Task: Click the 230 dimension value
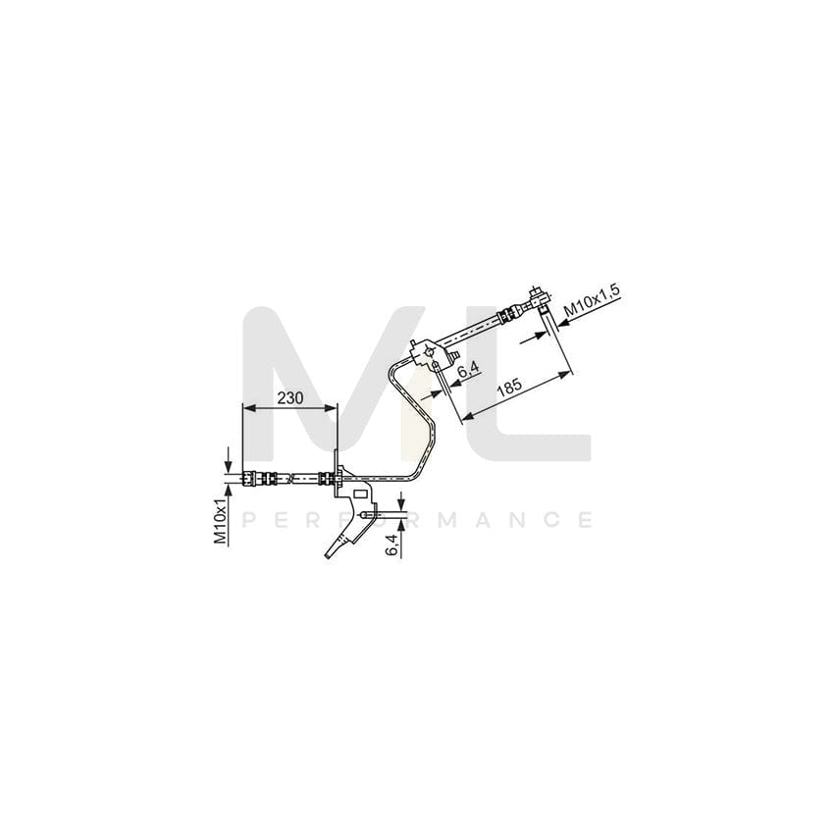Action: pos(289,398)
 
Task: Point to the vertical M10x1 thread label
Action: pos(222,520)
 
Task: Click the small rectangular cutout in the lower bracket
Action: pos(359,495)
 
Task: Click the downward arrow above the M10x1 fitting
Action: pos(229,463)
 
